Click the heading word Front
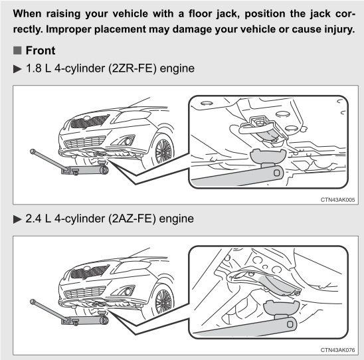[x=41, y=50]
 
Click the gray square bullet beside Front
[x=17, y=50]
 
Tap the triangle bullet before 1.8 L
[x=17, y=68]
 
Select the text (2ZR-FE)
[x=132, y=68]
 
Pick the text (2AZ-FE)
[x=132, y=219]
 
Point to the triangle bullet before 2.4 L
[x=17, y=219]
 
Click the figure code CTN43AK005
[x=338, y=200]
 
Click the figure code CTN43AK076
[x=338, y=350]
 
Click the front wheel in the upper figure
[x=163, y=151]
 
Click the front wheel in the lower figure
[x=163, y=302]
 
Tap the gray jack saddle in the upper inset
[x=268, y=157]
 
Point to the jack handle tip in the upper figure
[x=33, y=151]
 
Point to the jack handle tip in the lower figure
[x=33, y=302]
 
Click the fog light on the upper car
[x=128, y=141]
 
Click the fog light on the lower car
[x=128, y=292]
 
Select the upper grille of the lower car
[x=90, y=272]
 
